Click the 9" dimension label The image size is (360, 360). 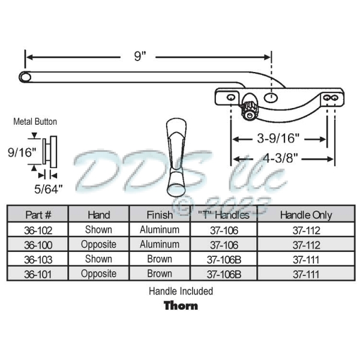140,56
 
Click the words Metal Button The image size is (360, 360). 35,122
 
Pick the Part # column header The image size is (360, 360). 38,215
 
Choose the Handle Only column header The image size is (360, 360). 305,215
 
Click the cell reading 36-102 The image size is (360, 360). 38,230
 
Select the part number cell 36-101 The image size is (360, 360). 38,274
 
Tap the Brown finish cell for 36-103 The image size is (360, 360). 159,259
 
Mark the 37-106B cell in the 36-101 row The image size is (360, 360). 224,274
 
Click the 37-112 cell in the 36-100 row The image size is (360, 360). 305,245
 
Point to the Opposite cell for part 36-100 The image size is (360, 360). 98,245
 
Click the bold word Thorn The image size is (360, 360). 181,305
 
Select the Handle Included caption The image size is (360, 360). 181,291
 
